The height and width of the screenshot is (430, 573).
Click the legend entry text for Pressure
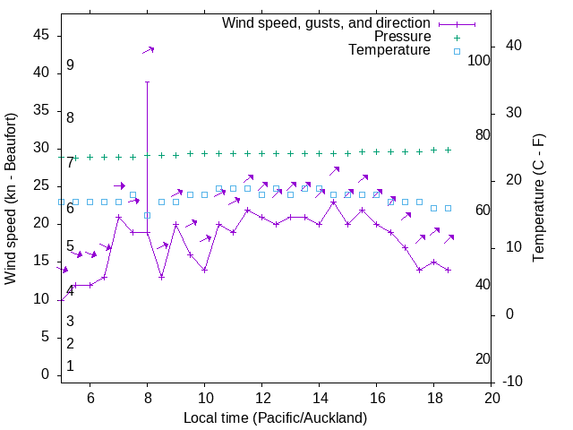click(402, 37)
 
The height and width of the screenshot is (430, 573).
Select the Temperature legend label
click(389, 50)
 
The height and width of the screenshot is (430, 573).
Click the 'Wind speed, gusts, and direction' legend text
click(327, 22)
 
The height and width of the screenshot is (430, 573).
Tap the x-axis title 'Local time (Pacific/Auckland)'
click(275, 417)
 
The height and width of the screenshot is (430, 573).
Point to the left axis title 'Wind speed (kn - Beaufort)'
click(11, 199)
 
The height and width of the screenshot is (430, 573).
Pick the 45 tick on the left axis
click(41, 35)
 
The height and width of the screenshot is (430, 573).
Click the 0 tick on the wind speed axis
click(45, 375)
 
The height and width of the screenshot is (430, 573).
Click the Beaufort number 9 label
click(70, 65)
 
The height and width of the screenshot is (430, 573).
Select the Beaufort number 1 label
click(70, 366)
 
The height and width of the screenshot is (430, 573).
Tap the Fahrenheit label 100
click(479, 60)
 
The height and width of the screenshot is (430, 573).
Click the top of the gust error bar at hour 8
click(148, 82)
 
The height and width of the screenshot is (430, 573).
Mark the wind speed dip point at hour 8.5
click(162, 277)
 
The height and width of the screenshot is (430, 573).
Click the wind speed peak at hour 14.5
click(334, 202)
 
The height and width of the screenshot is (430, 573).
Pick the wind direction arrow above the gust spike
click(149, 50)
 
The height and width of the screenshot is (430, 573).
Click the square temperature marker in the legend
click(457, 51)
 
